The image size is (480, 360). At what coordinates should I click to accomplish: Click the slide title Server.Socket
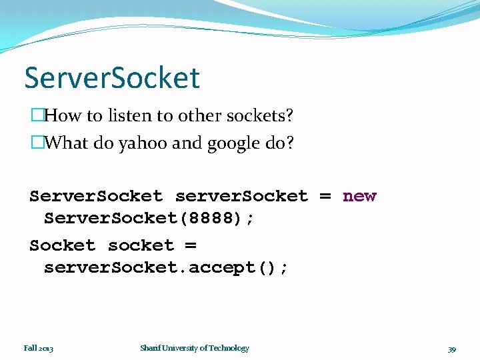pyautogui.click(x=112, y=77)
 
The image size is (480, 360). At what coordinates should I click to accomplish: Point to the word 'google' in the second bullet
pyautogui.click(x=222, y=143)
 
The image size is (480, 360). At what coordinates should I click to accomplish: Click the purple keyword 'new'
pyautogui.click(x=359, y=196)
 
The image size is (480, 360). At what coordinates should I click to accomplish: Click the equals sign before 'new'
pyautogui.click(x=325, y=196)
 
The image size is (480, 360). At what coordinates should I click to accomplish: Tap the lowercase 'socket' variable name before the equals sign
pyautogui.click(x=141, y=245)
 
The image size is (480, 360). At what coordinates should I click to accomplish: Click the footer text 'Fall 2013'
pyautogui.click(x=39, y=348)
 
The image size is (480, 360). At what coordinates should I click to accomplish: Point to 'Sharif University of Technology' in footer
pyautogui.click(x=195, y=348)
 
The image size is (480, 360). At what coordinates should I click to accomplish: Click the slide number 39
pyautogui.click(x=451, y=349)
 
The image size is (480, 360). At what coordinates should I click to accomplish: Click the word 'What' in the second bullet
pyautogui.click(x=67, y=143)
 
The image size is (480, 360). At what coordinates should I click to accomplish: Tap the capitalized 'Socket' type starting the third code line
pyautogui.click(x=62, y=245)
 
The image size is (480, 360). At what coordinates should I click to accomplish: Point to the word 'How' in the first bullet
pyautogui.click(x=63, y=116)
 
